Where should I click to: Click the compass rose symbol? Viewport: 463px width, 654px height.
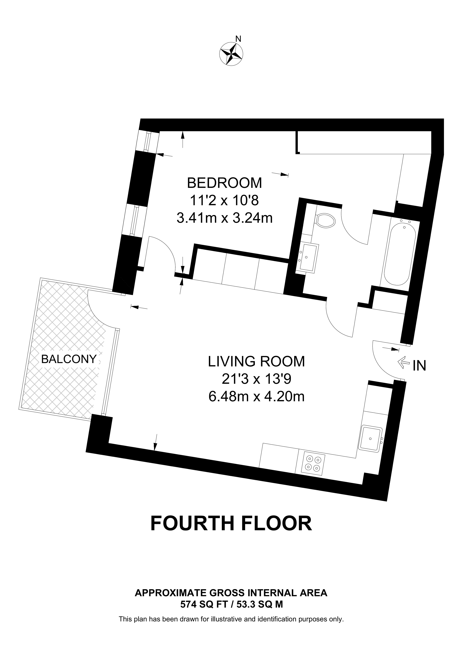231,54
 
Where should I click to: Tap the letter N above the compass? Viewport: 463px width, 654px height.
238,39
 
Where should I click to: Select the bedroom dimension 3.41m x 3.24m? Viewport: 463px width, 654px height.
225,218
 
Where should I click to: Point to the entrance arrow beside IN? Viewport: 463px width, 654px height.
403,363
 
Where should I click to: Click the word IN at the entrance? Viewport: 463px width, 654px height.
419,366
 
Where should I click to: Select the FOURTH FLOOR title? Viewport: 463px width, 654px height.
231,524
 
